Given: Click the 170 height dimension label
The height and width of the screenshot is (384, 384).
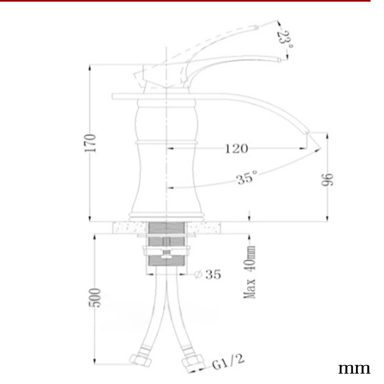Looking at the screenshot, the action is point(90,143).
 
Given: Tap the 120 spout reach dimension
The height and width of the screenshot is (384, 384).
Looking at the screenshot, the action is point(236,149).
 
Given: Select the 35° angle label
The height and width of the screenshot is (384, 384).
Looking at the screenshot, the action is point(247,177).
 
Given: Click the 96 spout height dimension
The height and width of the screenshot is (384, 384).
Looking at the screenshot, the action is point(327,180).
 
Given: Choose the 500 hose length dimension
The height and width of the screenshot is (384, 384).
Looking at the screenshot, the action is point(94,298).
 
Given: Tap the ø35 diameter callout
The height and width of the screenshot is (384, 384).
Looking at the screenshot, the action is point(207,274).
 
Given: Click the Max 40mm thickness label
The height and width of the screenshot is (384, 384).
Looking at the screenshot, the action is point(250,272).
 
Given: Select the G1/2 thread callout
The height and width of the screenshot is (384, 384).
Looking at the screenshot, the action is point(228,361).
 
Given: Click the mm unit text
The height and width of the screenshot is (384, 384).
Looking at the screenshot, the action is point(354,368).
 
